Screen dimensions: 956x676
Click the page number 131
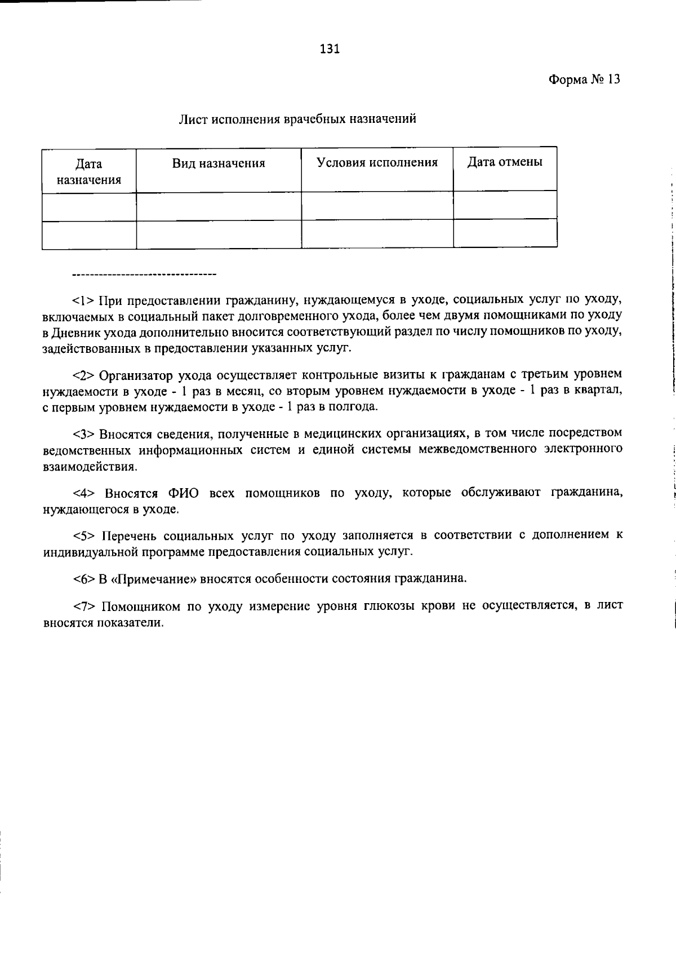click(330, 49)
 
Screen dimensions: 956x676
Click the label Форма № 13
click(584, 79)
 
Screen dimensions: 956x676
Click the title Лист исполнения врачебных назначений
click(297, 119)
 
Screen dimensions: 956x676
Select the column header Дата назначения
click(89, 172)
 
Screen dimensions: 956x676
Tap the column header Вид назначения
click(219, 163)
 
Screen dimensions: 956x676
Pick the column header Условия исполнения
click(377, 162)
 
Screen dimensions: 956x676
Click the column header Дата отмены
click(505, 162)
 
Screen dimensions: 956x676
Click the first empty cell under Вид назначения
click(219, 206)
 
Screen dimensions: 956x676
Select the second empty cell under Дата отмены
click(505, 233)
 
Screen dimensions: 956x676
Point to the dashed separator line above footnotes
click(144, 275)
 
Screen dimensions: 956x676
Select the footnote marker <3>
click(84, 433)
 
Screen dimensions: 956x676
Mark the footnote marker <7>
click(84, 606)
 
